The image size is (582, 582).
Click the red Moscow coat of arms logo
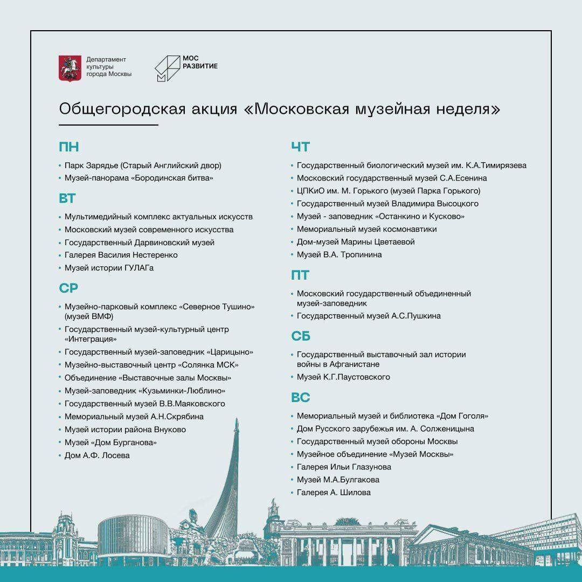pyautogui.click(x=70, y=67)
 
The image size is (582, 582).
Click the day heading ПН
pyautogui.click(x=69, y=147)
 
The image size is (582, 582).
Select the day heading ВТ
pyautogui.click(x=67, y=198)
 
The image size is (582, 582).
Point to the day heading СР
pyautogui.click(x=68, y=288)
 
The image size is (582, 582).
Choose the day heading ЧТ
pyautogui.click(x=301, y=147)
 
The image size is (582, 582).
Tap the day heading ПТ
pyautogui.click(x=300, y=275)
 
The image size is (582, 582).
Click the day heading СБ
pyautogui.click(x=301, y=336)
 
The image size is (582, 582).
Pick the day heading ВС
pyautogui.click(x=301, y=398)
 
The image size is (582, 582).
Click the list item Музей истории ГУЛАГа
pyautogui.click(x=109, y=268)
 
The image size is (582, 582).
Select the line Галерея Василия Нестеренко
pyautogui.click(x=121, y=255)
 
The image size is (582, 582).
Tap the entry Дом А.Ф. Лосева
pyautogui.click(x=97, y=455)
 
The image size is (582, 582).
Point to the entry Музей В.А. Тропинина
pyautogui.click(x=339, y=254)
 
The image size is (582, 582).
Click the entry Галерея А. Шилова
pyautogui.click(x=334, y=492)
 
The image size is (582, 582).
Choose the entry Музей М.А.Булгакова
pyautogui.click(x=338, y=480)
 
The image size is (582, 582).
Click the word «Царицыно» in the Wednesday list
pyautogui.click(x=230, y=352)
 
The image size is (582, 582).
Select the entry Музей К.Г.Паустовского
pyautogui.click(x=343, y=377)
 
